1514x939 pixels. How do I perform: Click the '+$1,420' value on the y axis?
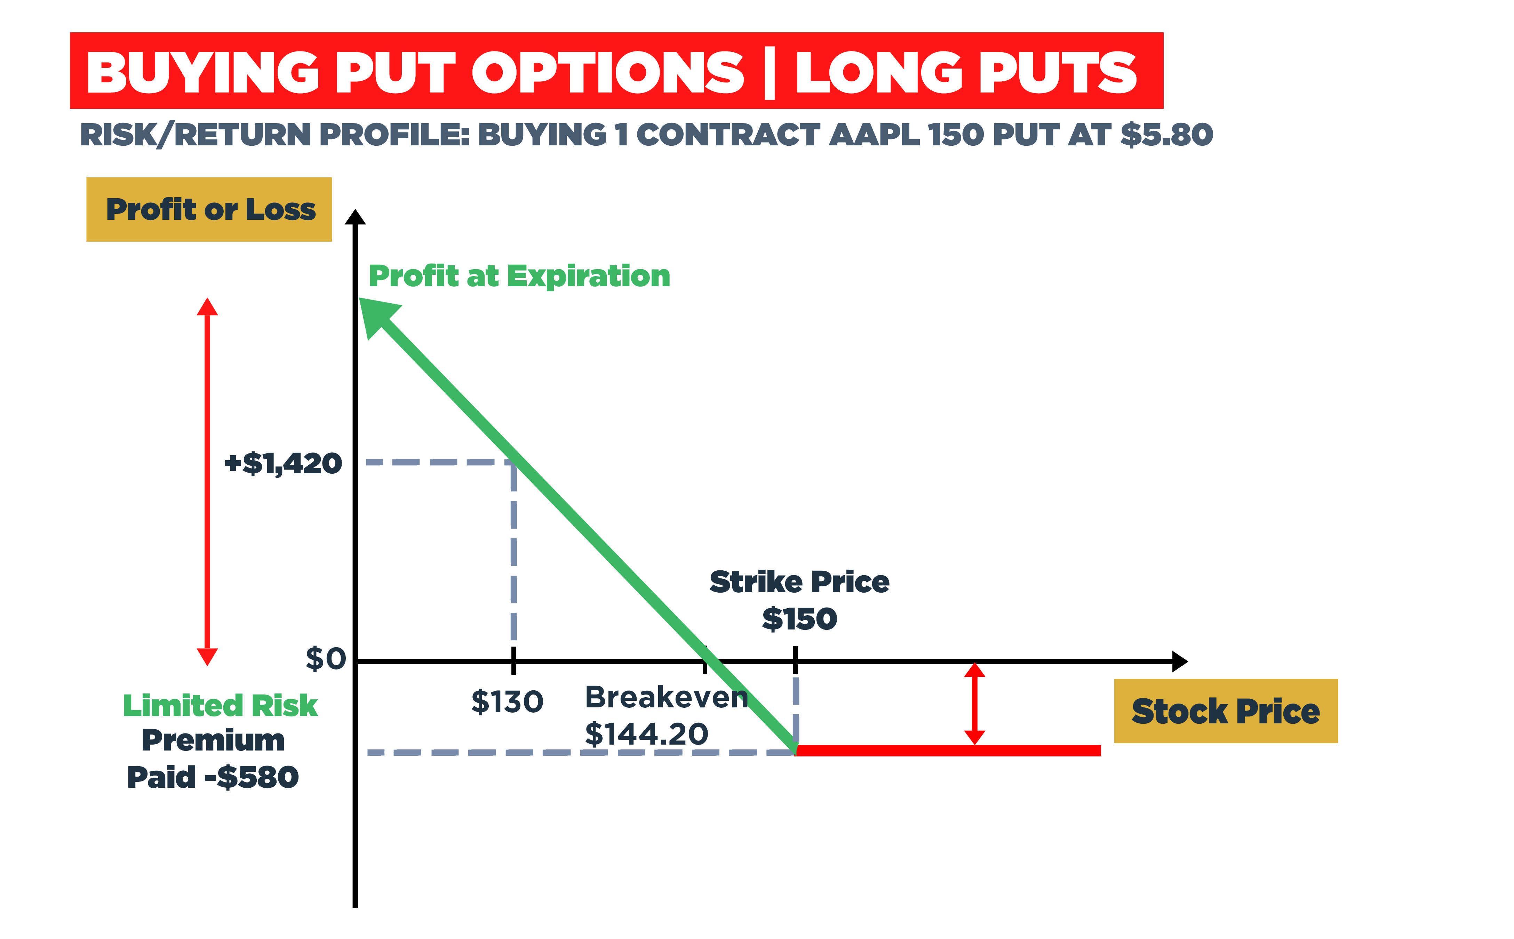pyautogui.click(x=283, y=463)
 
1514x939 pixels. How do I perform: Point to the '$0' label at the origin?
pyautogui.click(x=326, y=659)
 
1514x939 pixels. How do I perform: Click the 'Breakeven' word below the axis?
pyautogui.click(x=666, y=697)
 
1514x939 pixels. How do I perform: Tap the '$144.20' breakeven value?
pyautogui.click(x=646, y=734)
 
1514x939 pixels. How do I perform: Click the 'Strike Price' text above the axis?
pyautogui.click(x=799, y=582)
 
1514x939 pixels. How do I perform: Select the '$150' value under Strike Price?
pyautogui.click(x=799, y=619)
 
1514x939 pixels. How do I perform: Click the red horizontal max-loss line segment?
pyautogui.click(x=947, y=750)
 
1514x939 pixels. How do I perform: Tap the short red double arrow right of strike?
pyautogui.click(x=974, y=703)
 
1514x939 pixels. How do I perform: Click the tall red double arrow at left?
pyautogui.click(x=207, y=481)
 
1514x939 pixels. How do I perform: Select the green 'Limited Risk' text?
pyautogui.click(x=220, y=706)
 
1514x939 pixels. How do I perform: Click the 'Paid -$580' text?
pyautogui.click(x=213, y=777)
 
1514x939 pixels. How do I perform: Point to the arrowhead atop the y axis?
pyautogui.click(x=355, y=217)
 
